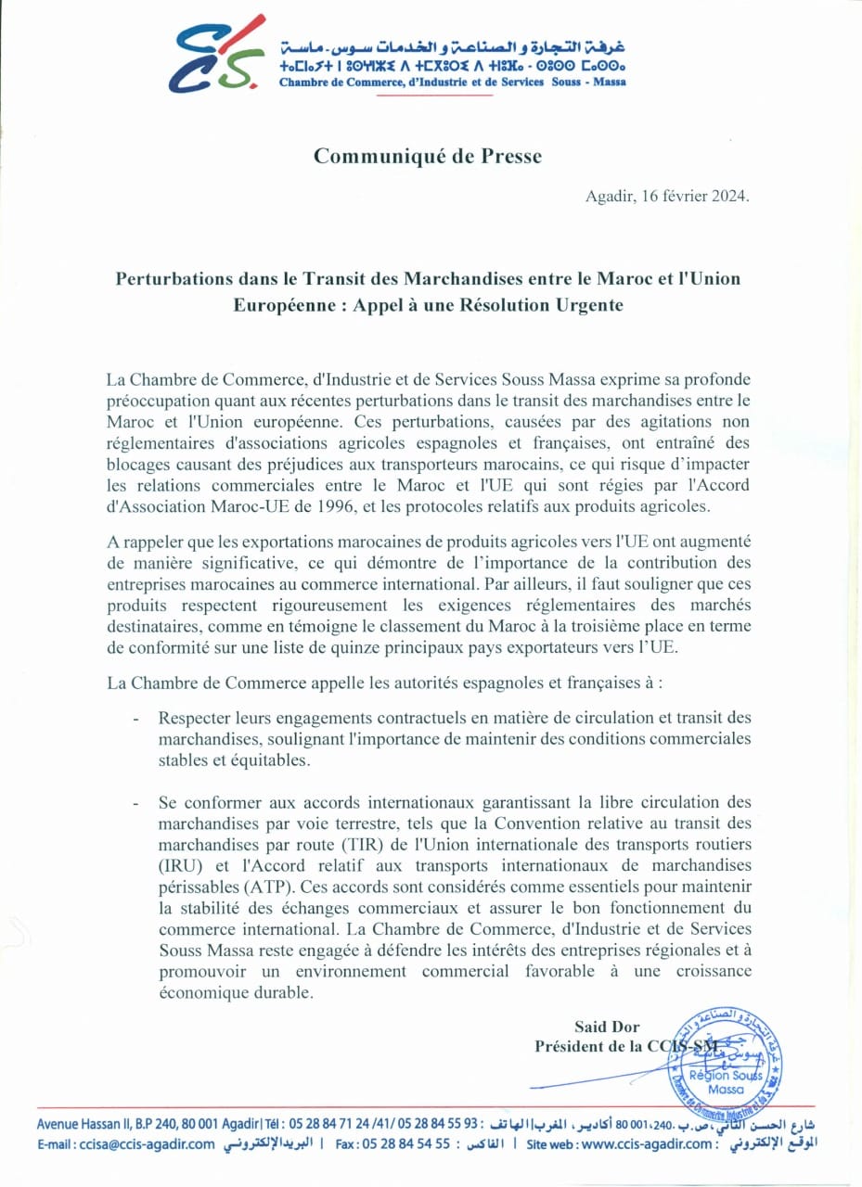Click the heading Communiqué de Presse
[427, 157]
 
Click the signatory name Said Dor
[605, 1027]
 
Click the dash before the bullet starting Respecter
[137, 719]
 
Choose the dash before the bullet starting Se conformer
[137, 801]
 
